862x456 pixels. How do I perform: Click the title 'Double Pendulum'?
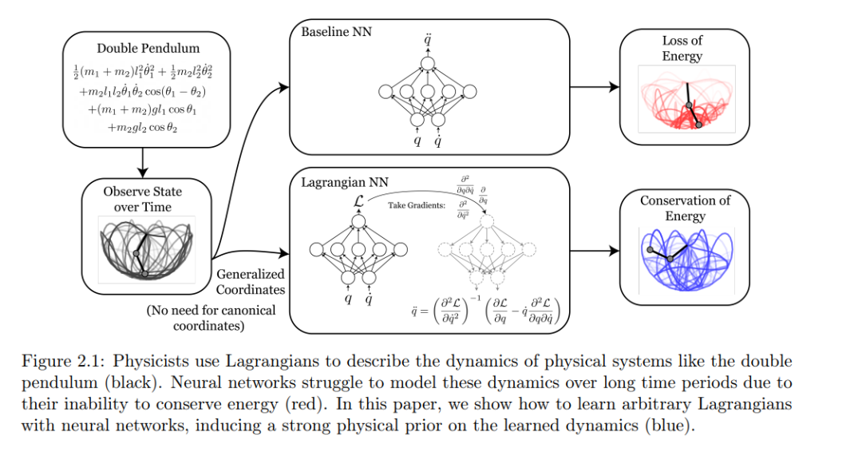click(x=148, y=49)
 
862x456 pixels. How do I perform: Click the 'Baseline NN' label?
click(x=337, y=32)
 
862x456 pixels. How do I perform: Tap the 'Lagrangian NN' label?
click(x=345, y=182)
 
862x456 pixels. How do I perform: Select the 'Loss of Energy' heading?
click(x=682, y=49)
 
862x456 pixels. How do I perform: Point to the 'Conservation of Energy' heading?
click(x=685, y=208)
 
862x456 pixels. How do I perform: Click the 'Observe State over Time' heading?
click(x=142, y=199)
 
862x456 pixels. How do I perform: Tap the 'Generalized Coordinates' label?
click(x=250, y=282)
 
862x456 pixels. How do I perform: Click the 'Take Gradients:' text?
click(x=417, y=205)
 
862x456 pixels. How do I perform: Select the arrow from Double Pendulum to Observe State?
click(x=142, y=162)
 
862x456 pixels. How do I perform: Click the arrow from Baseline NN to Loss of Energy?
click(x=595, y=87)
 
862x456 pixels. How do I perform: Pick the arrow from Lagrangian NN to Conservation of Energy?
click(x=595, y=251)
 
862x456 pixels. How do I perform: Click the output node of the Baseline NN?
click(x=427, y=64)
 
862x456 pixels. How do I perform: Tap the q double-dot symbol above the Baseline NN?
click(x=428, y=40)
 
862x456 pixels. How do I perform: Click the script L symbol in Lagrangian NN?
click(x=358, y=200)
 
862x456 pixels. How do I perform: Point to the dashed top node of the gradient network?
click(x=487, y=222)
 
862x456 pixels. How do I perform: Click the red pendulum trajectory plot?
click(x=686, y=99)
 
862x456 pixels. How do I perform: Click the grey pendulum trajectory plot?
click(x=147, y=249)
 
